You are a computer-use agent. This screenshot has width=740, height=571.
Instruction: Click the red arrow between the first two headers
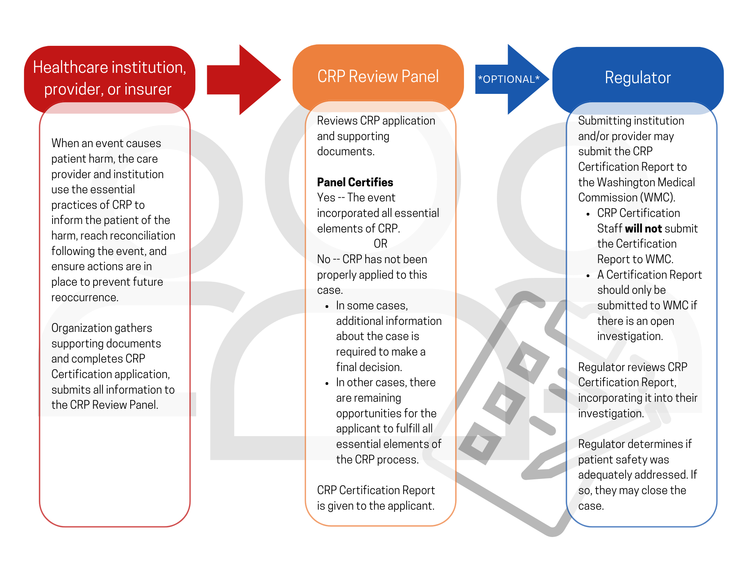click(243, 79)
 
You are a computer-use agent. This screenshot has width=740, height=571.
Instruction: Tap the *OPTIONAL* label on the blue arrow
click(509, 79)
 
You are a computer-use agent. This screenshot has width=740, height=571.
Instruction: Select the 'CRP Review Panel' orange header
click(378, 78)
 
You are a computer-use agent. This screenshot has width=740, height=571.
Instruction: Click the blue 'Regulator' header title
click(638, 78)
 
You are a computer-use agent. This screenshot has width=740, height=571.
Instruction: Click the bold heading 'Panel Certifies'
click(355, 182)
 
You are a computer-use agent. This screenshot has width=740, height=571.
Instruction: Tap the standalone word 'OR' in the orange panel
click(380, 244)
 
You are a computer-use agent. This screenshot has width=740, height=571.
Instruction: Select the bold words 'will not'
click(643, 228)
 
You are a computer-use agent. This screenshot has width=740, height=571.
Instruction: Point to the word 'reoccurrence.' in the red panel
click(85, 297)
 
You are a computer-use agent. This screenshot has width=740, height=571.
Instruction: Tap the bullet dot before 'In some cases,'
click(327, 307)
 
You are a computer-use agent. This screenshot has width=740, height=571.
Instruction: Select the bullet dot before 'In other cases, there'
click(327, 384)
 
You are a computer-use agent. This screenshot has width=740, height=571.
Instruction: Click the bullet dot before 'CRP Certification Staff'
click(588, 214)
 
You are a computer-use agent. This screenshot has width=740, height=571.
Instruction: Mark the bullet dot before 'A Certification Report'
click(588, 276)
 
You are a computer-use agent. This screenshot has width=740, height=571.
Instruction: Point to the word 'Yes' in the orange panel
click(326, 198)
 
